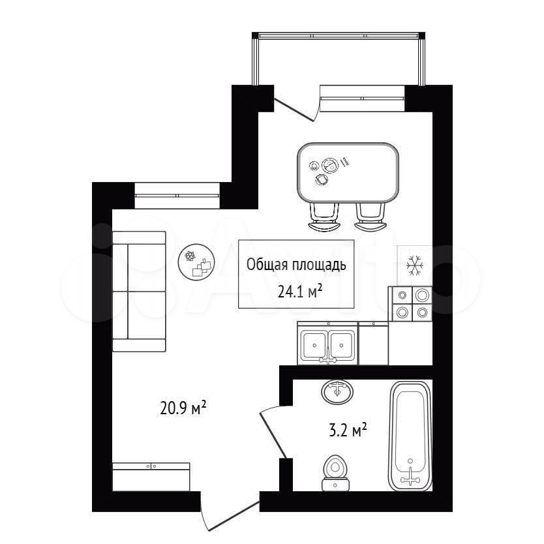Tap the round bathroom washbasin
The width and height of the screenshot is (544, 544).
click(337, 392)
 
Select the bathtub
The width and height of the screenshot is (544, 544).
click(410, 436)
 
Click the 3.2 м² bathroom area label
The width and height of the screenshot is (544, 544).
click(347, 431)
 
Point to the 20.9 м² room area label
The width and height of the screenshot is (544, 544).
click(183, 408)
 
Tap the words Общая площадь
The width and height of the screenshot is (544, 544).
click(296, 265)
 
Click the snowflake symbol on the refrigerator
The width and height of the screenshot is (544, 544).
click(415, 265)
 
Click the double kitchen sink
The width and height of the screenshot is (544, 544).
click(328, 344)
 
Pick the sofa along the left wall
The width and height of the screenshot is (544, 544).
click(139, 291)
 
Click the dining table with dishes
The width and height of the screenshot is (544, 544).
click(348, 173)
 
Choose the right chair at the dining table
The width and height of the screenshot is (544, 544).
click(370, 217)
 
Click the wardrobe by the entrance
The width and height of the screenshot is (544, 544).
click(151, 477)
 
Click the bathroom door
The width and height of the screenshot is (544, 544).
click(274, 431)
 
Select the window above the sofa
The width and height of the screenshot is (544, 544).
click(177, 195)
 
